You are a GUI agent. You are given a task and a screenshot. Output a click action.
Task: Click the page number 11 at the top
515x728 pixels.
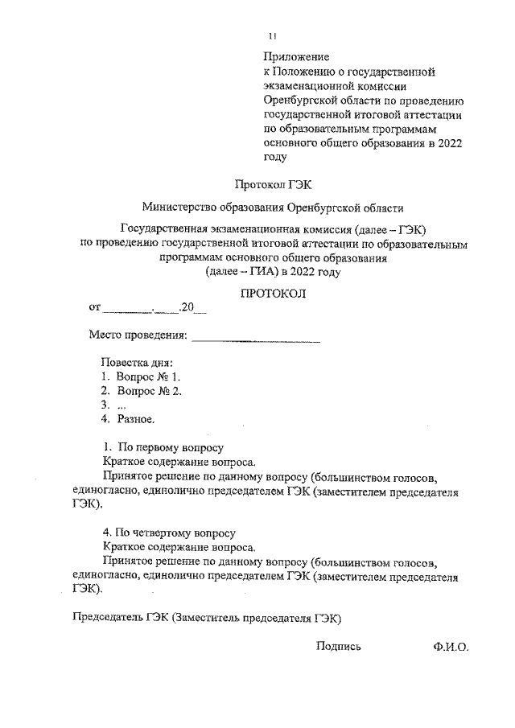[273, 35]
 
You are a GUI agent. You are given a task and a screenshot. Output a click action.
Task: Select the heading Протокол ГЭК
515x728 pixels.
[273, 183]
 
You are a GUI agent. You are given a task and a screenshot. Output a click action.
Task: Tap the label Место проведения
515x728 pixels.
[138, 335]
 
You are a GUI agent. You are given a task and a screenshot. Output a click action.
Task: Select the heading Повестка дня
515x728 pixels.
[136, 363]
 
